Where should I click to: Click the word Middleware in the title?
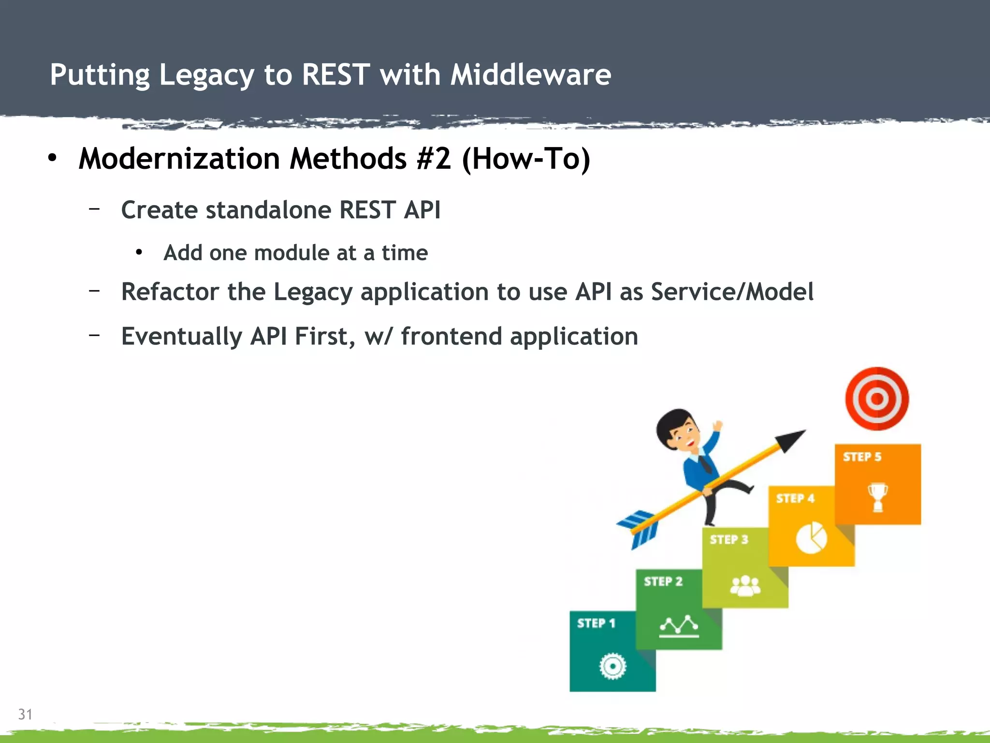pos(530,75)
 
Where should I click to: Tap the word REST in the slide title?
pos(335,75)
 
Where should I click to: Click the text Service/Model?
pos(732,292)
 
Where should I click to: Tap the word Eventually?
pos(181,337)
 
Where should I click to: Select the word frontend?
pos(451,337)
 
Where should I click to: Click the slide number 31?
pos(25,714)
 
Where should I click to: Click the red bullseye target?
pos(876,399)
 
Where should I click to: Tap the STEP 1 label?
pos(596,623)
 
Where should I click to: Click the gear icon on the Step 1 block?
pos(612,667)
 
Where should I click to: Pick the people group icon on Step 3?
pos(745,586)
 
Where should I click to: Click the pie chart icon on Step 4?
pos(811,537)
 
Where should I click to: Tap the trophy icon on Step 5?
pos(877,497)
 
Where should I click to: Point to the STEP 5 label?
pos(862,457)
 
